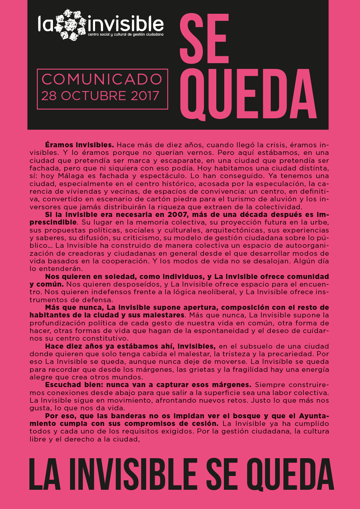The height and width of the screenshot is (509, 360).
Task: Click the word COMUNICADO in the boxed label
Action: pos(102,79)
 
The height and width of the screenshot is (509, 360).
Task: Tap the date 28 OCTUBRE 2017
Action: pos(100,96)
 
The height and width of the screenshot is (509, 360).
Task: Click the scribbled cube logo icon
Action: pos(71,25)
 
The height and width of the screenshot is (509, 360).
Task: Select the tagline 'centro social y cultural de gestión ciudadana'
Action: pos(126,35)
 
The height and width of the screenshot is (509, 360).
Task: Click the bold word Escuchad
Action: pos(64,385)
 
